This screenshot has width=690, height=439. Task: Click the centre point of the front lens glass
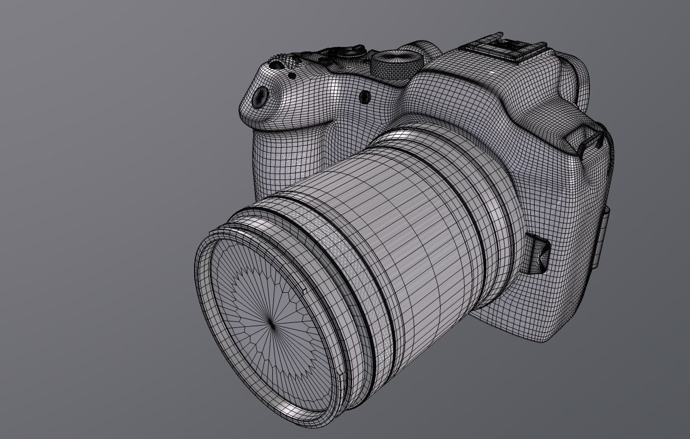click(272, 325)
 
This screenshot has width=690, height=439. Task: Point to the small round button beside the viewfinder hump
click(364, 97)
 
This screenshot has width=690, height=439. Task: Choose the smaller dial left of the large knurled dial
click(349, 53)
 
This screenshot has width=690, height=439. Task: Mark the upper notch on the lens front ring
click(304, 291)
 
